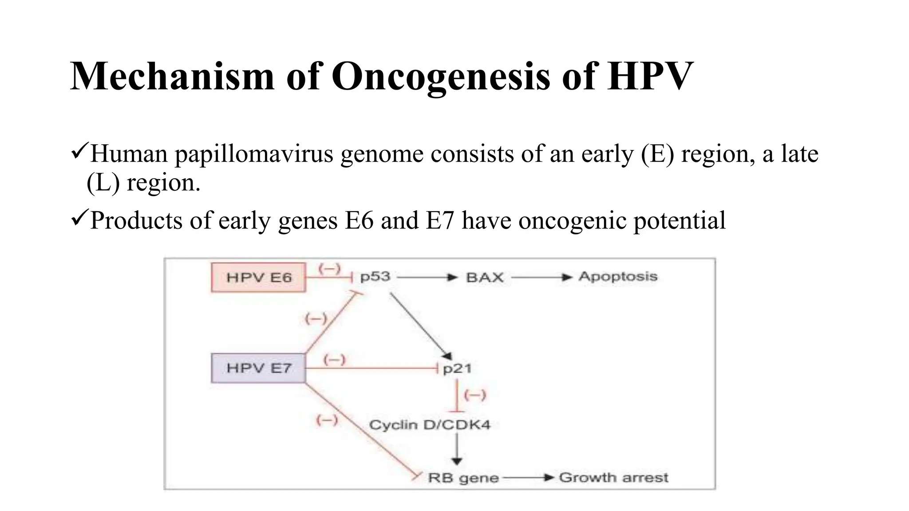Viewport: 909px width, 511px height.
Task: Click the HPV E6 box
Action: click(258, 278)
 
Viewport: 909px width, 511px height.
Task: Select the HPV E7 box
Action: click(258, 368)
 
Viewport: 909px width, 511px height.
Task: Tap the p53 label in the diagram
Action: click(375, 277)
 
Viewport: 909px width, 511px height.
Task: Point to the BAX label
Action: click(485, 278)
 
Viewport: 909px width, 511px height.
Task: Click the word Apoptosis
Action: click(618, 277)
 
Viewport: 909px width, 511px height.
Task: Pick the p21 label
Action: click(457, 369)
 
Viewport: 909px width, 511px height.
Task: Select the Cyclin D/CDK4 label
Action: click(430, 425)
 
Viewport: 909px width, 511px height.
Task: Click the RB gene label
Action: click(463, 478)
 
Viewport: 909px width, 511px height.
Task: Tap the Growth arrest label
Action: click(613, 478)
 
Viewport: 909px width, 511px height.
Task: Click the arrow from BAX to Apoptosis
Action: click(541, 278)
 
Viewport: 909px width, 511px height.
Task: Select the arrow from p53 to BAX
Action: click(427, 278)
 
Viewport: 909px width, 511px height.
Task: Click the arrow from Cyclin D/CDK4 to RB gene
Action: click(457, 449)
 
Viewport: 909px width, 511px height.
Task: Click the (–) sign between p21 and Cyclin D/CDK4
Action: click(474, 394)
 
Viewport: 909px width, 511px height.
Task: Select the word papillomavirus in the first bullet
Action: click(253, 154)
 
